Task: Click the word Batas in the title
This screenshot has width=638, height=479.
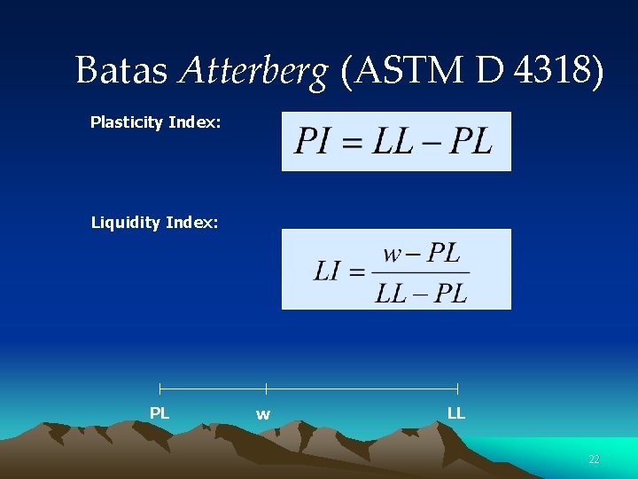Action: (x=121, y=70)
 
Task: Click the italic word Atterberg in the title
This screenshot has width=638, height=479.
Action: (x=253, y=70)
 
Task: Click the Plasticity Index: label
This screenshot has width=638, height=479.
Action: (x=155, y=122)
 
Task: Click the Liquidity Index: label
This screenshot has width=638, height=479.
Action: (x=154, y=223)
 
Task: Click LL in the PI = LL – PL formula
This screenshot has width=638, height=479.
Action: (x=393, y=141)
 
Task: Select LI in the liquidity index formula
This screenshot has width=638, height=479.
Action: (x=326, y=271)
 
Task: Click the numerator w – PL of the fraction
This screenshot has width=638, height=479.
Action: (x=421, y=255)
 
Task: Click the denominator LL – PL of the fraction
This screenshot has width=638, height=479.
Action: (x=421, y=292)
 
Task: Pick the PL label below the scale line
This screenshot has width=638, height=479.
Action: (x=159, y=413)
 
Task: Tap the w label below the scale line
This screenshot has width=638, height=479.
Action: (x=263, y=414)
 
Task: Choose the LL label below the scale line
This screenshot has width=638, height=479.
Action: (x=456, y=413)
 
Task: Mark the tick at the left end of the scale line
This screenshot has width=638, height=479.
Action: (x=159, y=389)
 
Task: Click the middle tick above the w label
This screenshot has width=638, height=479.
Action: (x=266, y=389)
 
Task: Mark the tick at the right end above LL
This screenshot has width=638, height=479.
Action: (x=457, y=389)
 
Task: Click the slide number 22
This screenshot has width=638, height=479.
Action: (x=594, y=459)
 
